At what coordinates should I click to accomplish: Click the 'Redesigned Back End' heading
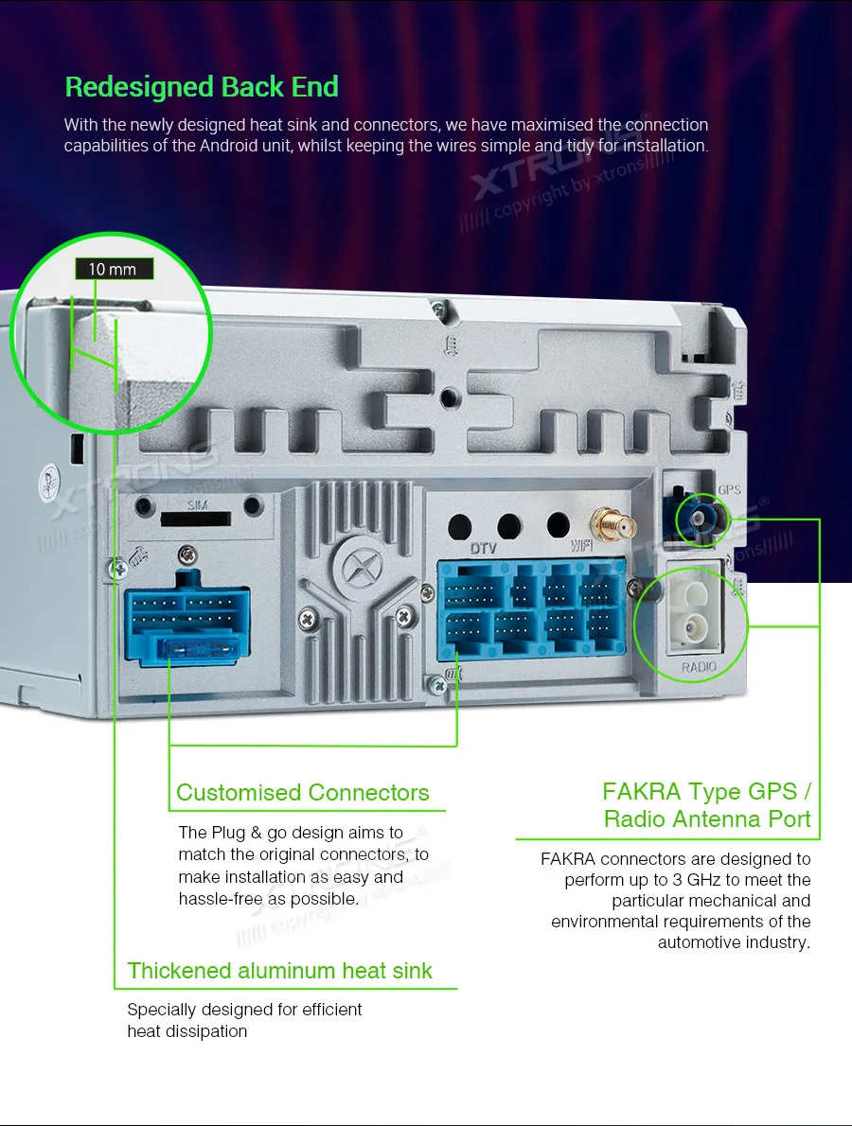202,87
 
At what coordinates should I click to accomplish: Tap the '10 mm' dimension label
113,269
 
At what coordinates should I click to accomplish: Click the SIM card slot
196,519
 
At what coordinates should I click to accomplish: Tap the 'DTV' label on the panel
483,548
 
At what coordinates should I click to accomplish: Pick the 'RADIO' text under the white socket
699,667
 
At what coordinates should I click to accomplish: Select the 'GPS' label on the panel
729,490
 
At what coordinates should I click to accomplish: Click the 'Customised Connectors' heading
303,793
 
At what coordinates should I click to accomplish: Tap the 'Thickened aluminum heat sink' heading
280,971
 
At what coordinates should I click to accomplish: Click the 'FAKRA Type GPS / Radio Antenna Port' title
706,805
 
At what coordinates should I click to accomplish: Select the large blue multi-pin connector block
530,609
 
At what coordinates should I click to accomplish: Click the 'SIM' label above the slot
196,504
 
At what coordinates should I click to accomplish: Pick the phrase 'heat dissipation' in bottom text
187,1031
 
